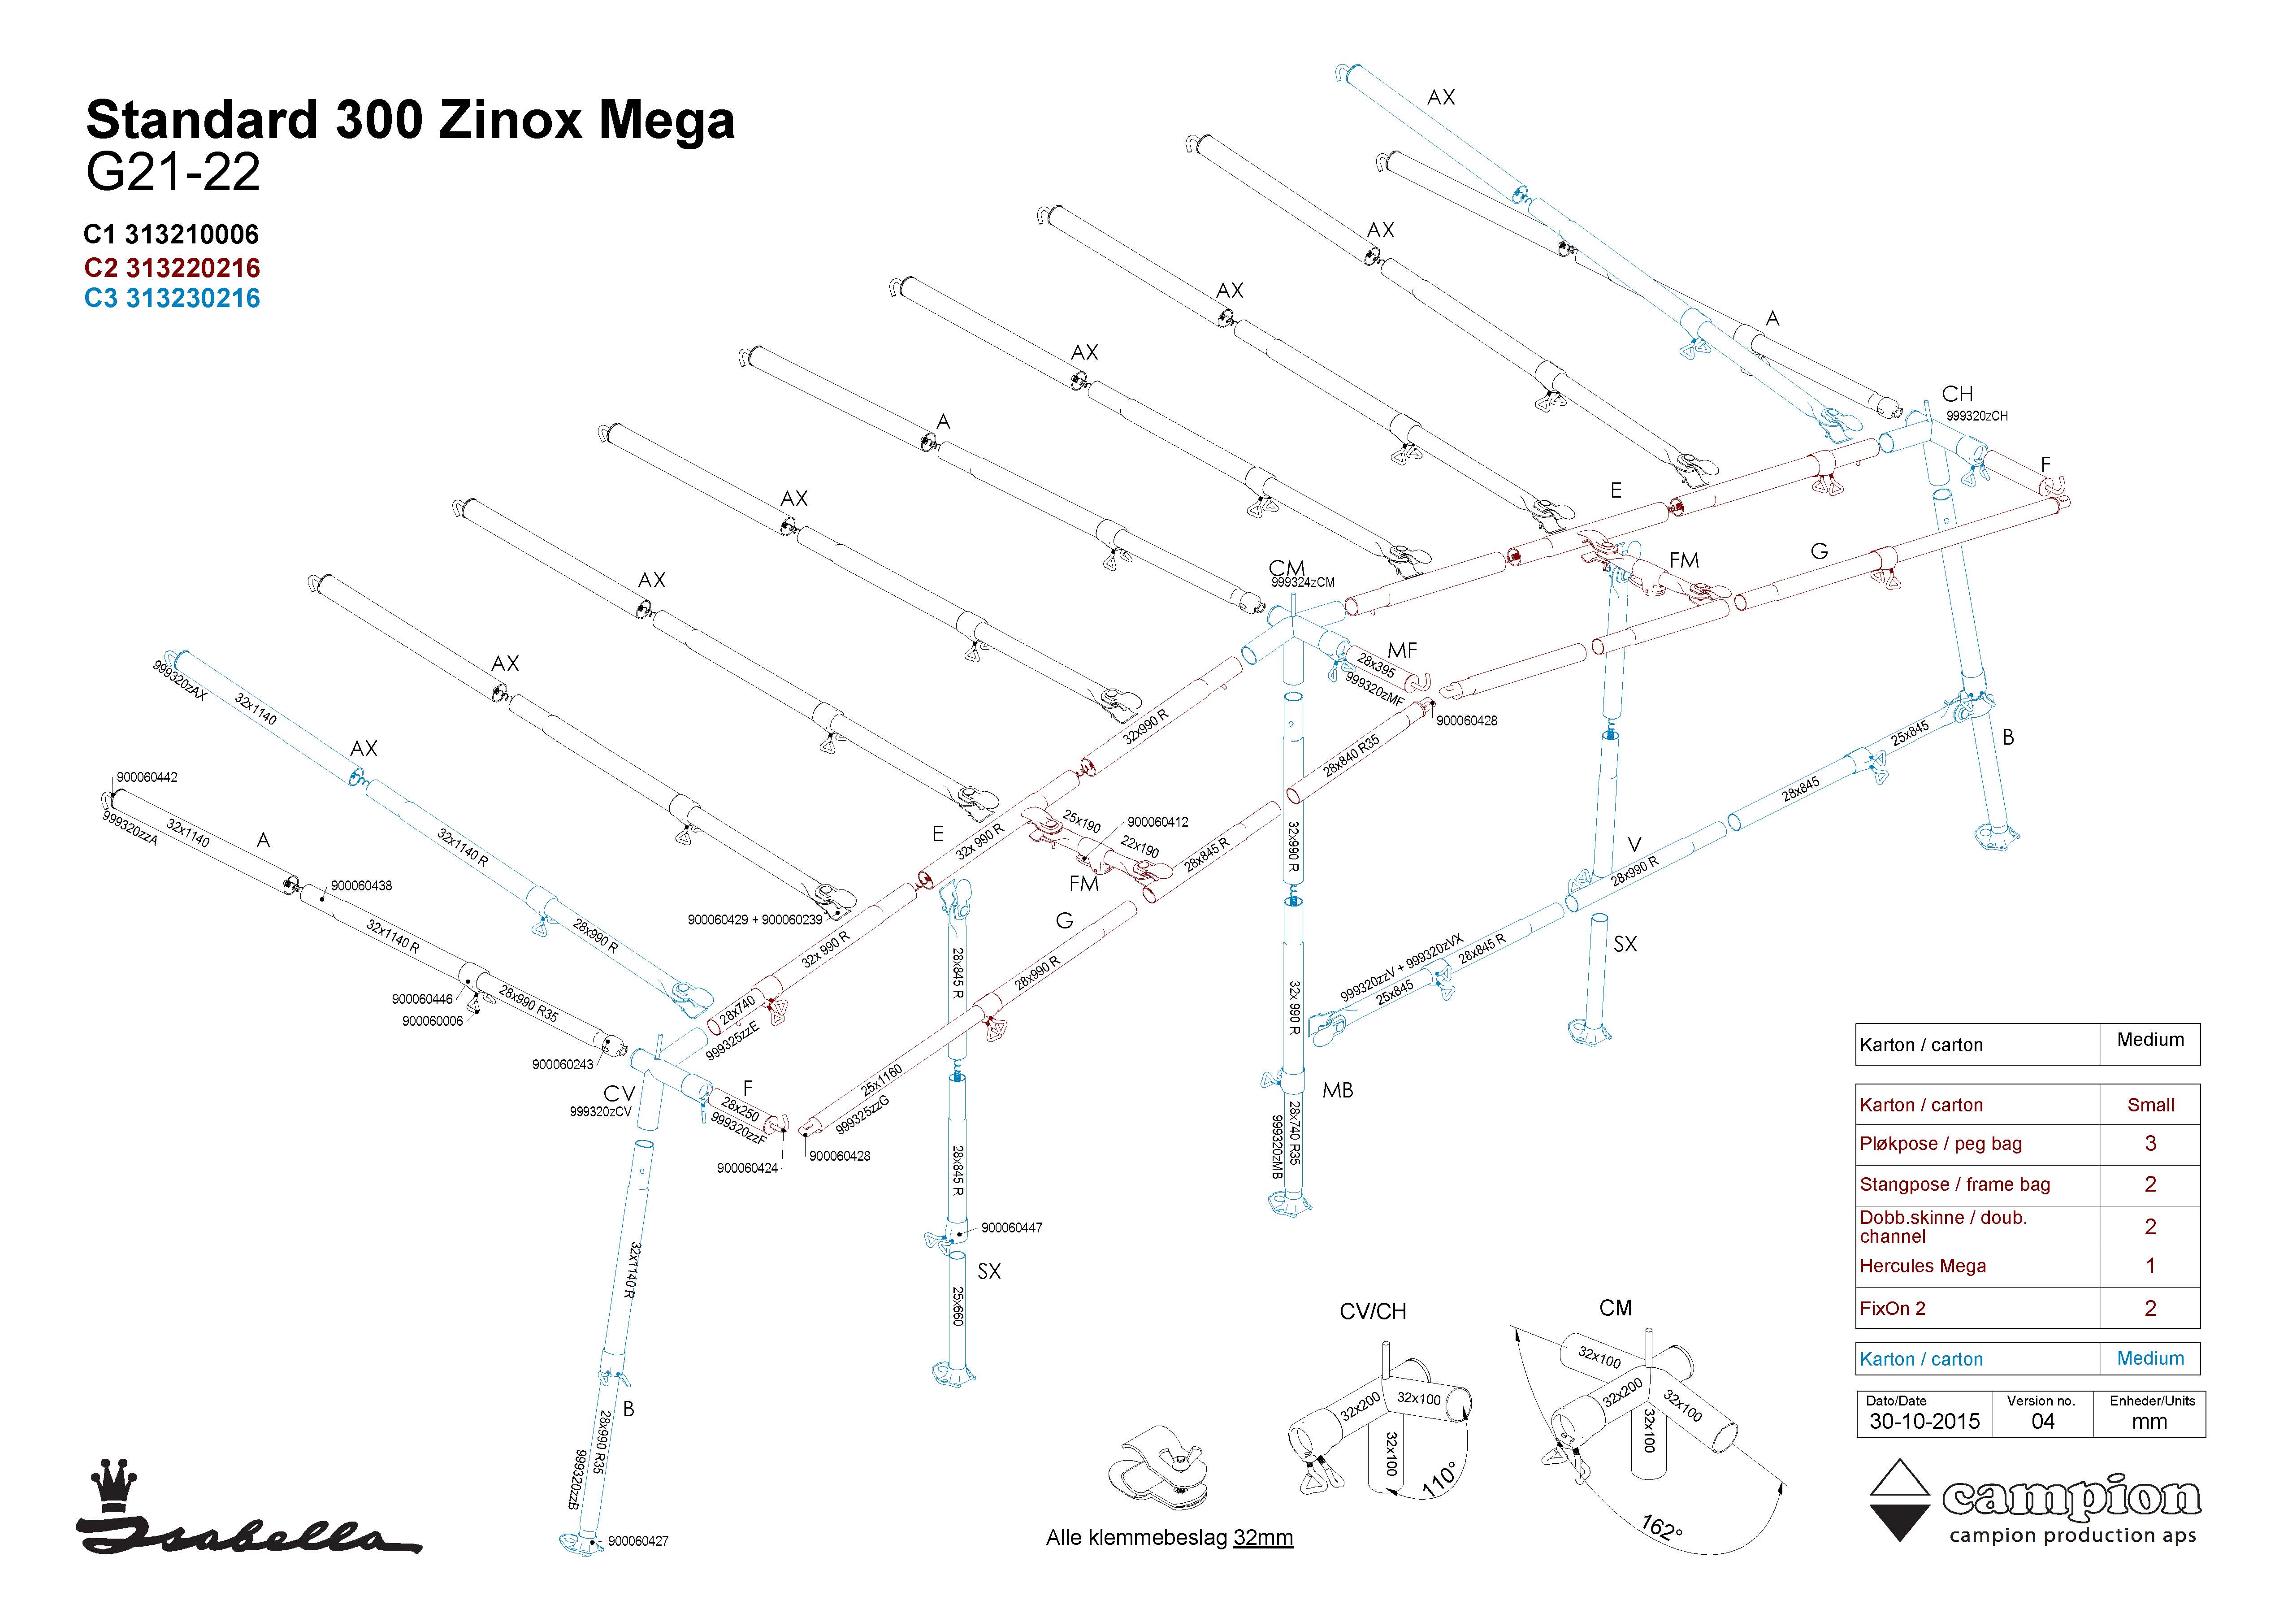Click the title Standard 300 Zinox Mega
coord(410,121)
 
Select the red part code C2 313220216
coord(173,268)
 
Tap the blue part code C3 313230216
coord(173,298)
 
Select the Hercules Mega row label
coord(1922,1266)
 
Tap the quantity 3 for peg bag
coord(2150,1143)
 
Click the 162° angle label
coord(1662,1527)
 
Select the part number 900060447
coord(1012,1227)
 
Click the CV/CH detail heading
coord(1372,1312)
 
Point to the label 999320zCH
coord(1977,416)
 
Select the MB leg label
coord(1338,1090)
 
